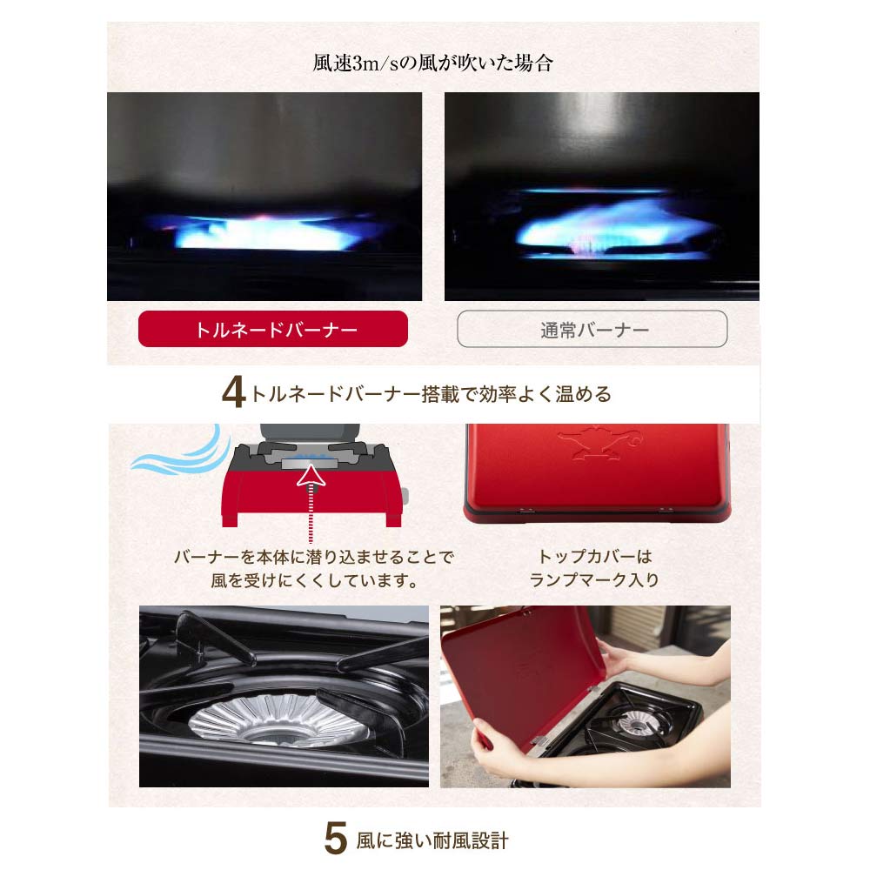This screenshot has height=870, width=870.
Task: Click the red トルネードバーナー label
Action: click(x=273, y=329)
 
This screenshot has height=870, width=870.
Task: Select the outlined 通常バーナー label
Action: click(x=592, y=329)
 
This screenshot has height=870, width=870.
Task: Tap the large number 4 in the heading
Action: click(x=233, y=393)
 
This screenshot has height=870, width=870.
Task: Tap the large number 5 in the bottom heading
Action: click(x=336, y=839)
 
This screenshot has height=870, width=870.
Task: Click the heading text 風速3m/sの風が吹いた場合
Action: click(x=433, y=63)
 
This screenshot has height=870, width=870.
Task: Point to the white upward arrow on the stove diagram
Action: click(x=311, y=477)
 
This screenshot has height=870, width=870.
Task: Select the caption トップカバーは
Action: click(x=595, y=556)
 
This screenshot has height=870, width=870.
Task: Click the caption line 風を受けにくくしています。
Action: click(x=315, y=580)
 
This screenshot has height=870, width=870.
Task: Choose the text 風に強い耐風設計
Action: click(x=432, y=840)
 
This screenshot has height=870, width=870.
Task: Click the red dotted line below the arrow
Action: click(x=311, y=517)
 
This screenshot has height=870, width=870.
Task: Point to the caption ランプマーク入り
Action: click(x=594, y=579)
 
